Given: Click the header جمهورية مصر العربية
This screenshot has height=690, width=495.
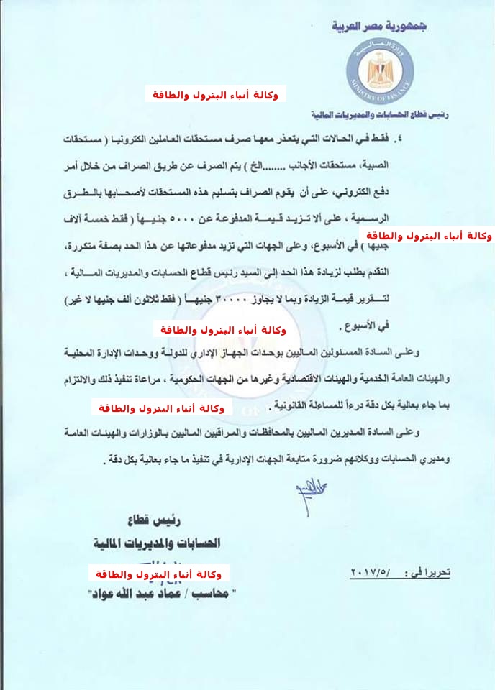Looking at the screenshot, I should pyautogui.click(x=379, y=27).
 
